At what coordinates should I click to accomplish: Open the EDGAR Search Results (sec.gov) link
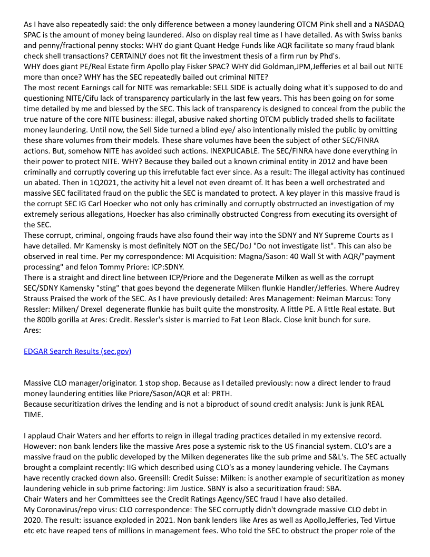(77, 351)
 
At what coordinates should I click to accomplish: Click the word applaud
(41, 436)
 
